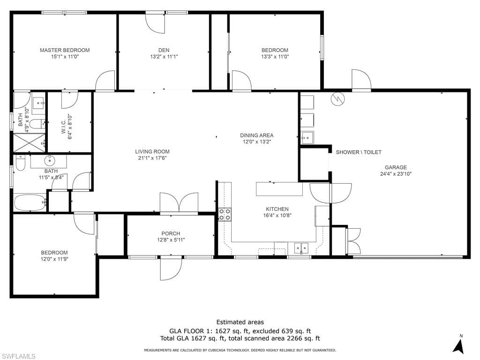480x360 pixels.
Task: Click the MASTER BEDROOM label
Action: point(65,50)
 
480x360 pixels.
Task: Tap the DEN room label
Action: point(164,50)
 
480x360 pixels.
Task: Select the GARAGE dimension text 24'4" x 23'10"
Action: point(396,174)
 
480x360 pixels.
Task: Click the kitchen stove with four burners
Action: point(225,214)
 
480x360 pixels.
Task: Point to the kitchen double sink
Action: point(301,247)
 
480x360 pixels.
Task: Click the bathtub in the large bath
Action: point(30,202)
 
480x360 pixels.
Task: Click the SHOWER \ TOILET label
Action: point(359,152)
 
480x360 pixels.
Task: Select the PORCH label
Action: point(171,233)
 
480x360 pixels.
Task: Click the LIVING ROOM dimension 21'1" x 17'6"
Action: point(152,158)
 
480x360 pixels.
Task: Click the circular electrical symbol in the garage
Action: point(337,98)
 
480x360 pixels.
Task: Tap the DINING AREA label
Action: point(256,135)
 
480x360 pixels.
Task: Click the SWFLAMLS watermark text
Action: point(18,356)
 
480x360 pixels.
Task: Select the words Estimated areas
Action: point(240,322)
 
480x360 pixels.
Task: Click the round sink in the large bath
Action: point(49,160)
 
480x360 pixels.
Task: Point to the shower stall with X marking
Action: point(30,142)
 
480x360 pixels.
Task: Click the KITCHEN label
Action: point(277,209)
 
